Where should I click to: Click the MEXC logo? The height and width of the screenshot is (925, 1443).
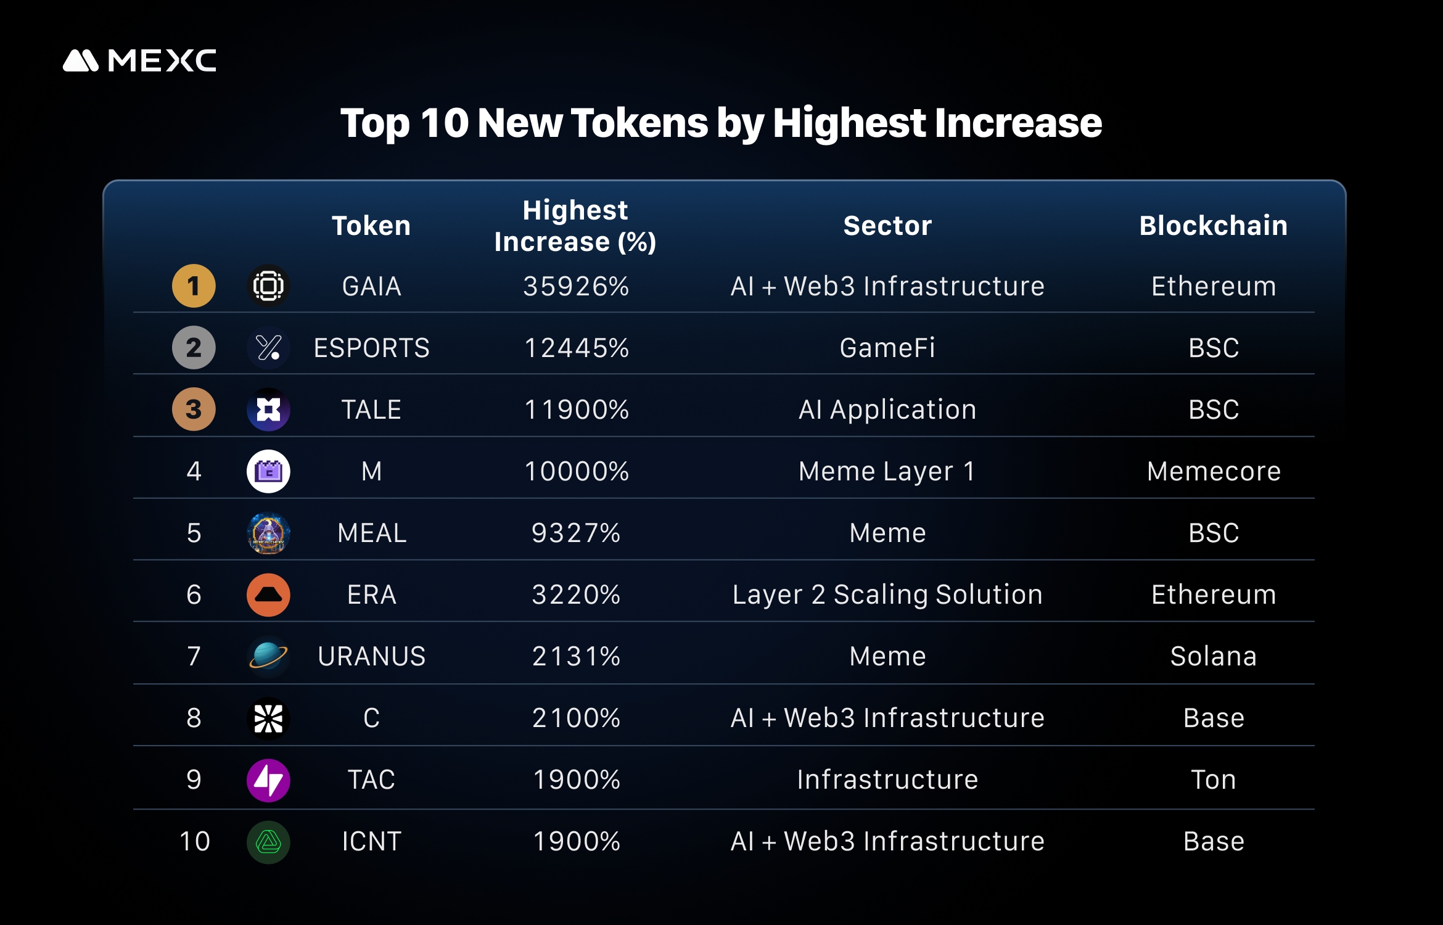tap(139, 60)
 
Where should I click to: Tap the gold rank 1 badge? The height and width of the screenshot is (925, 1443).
tap(194, 286)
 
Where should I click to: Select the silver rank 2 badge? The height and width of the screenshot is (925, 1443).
tap(194, 348)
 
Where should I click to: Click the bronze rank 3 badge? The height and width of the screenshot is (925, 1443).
tap(194, 409)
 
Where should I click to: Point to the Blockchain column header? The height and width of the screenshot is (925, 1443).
tap(1213, 226)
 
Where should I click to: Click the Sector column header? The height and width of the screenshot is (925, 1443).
tap(887, 226)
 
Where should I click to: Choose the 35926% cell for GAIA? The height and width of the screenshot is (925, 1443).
tap(576, 286)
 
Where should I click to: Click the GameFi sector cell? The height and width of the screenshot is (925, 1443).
tap(887, 348)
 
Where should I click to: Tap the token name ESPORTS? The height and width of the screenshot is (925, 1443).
tap(371, 348)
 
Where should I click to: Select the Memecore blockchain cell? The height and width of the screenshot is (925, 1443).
tap(1213, 471)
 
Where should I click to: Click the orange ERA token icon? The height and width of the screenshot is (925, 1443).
tap(268, 594)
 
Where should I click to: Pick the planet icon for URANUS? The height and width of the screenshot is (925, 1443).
tap(268, 656)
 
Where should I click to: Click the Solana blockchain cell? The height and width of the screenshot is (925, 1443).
tap(1213, 656)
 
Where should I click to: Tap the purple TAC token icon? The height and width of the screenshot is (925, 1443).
tap(268, 780)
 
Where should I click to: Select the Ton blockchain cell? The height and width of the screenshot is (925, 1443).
tap(1213, 780)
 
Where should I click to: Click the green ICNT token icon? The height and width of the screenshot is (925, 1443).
tap(268, 842)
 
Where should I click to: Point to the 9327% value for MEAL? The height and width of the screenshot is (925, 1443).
tap(576, 533)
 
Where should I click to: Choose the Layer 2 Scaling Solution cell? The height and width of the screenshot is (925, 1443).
tap(887, 594)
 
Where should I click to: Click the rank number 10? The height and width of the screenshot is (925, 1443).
tap(194, 842)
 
